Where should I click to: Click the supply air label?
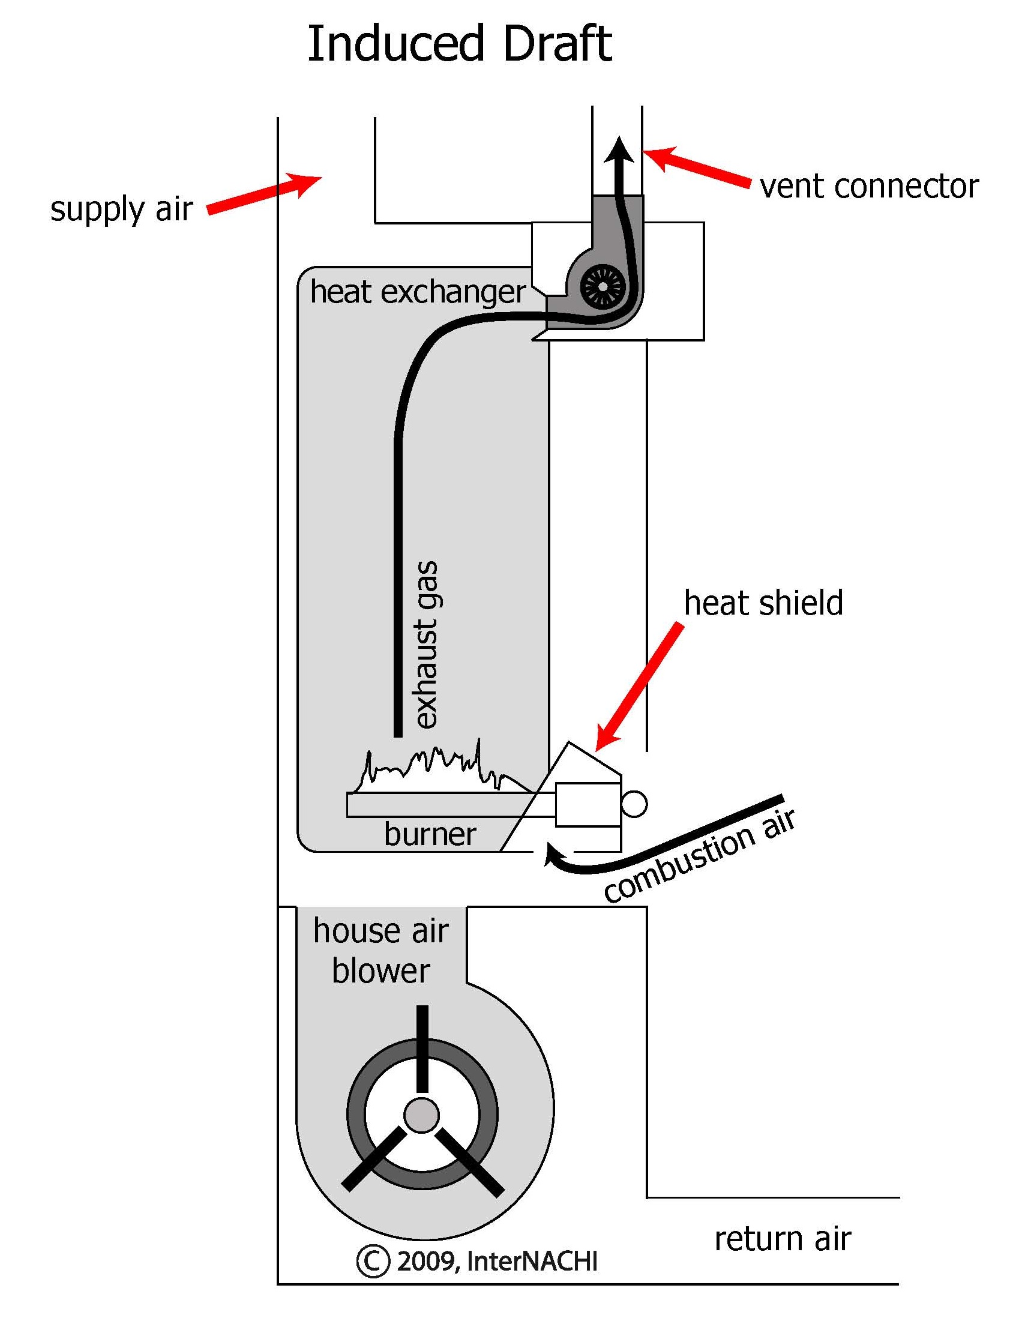tap(121, 209)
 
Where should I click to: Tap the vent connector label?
tap(869, 187)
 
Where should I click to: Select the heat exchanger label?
tap(418, 292)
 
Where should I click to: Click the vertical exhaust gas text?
tap(426, 644)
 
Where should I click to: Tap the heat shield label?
tap(763, 604)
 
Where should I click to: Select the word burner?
tap(430, 834)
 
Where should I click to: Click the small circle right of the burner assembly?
tap(634, 805)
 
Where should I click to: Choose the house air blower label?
tap(381, 951)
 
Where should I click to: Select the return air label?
tap(782, 1239)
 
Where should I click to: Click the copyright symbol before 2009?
tap(373, 1261)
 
